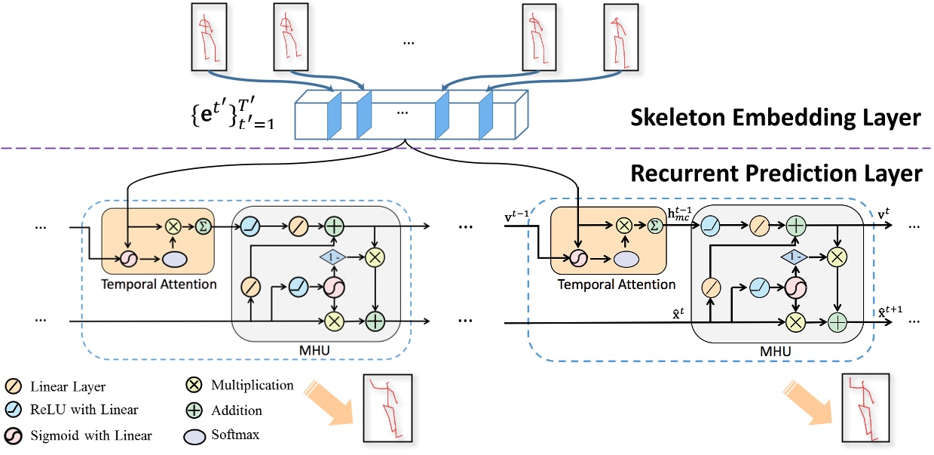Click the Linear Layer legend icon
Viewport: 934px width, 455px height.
tap(16, 387)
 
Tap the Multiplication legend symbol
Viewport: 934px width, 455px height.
tap(192, 386)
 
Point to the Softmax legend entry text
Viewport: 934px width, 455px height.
tap(231, 435)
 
